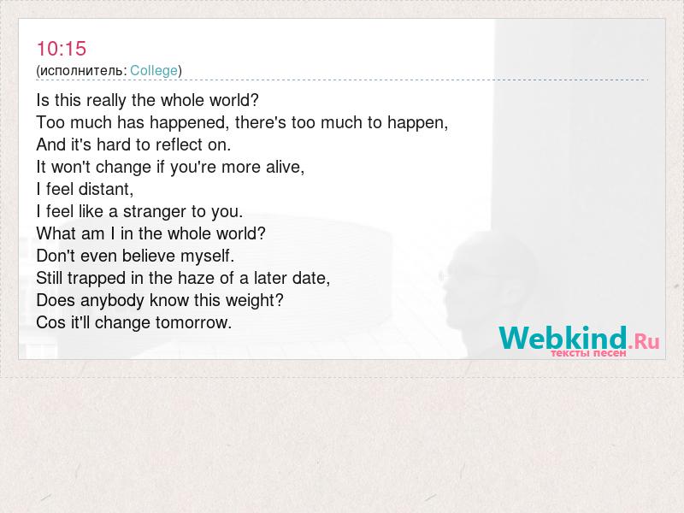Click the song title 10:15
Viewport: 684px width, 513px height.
coord(62,49)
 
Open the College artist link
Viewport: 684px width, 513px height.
coord(154,71)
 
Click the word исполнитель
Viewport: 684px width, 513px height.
coord(81,71)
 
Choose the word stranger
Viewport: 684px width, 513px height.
coord(155,212)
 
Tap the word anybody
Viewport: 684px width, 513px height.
coord(112,301)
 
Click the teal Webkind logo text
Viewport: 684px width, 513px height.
coord(563,338)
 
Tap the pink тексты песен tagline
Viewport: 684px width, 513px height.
coord(588,352)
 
